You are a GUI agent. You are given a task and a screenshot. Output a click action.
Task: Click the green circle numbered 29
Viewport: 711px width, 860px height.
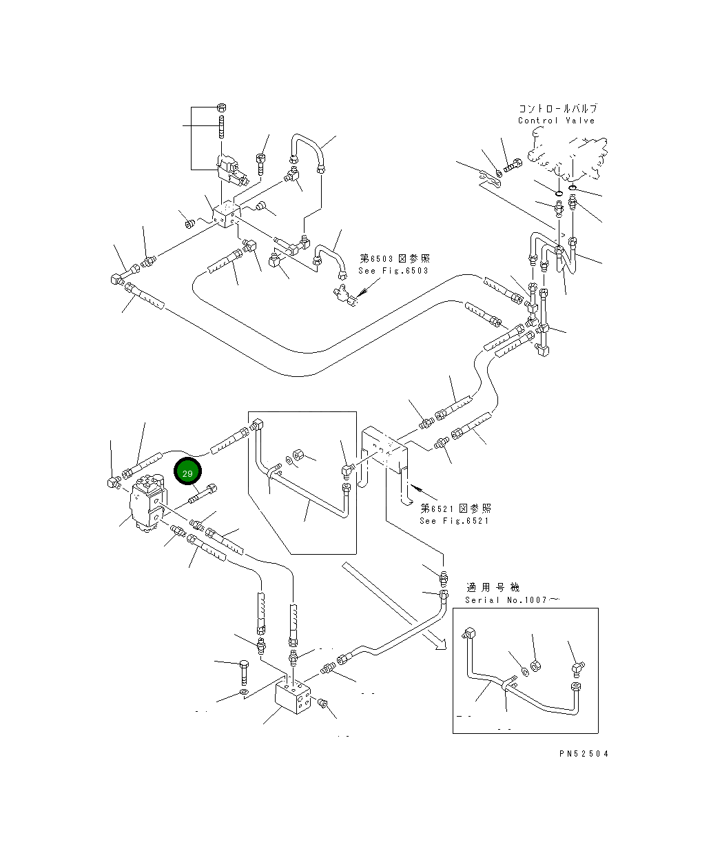[x=187, y=471]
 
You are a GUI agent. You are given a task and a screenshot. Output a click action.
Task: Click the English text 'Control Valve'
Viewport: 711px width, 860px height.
[x=557, y=121]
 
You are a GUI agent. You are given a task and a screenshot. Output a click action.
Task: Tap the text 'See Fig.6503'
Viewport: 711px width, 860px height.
[x=393, y=271]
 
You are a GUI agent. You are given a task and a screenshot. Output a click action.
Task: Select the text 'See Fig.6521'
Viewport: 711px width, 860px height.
[x=454, y=521]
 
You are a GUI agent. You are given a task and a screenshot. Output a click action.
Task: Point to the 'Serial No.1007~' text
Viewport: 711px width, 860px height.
[x=512, y=600]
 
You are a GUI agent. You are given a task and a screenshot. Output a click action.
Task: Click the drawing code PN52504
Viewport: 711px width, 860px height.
[x=584, y=754]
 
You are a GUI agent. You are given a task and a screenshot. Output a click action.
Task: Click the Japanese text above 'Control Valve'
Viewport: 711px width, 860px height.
[x=558, y=109]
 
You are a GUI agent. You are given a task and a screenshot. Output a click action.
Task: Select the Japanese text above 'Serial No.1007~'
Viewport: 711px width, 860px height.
[x=493, y=587]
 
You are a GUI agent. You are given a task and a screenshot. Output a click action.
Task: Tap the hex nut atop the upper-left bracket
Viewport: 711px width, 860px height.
[x=221, y=108]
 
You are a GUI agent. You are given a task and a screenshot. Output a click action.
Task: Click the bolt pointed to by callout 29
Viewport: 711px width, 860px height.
[x=203, y=493]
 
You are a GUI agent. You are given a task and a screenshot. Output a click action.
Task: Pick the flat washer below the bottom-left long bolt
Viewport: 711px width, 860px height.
[x=244, y=693]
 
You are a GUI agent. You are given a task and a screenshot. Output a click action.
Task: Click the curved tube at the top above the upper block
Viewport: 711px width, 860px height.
[x=308, y=152]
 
